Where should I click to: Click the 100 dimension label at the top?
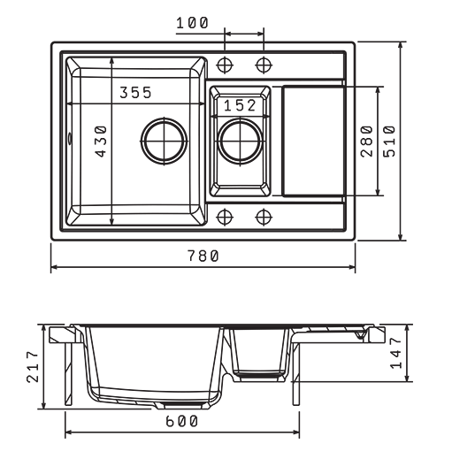192,23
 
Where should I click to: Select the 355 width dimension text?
135,93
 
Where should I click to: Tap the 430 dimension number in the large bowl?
101,142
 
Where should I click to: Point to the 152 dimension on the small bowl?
240,105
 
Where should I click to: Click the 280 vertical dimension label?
367,142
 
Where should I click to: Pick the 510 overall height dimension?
389,142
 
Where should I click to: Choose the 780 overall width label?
203,256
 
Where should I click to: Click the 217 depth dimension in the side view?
33,366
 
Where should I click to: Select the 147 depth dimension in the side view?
395,353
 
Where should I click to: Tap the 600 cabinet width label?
181,421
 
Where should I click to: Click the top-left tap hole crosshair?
225,65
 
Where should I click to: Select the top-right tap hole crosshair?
264,65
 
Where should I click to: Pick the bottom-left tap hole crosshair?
225,217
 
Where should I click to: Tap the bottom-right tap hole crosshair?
264,217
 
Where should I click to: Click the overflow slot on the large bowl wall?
70,139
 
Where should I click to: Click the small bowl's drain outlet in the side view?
259,377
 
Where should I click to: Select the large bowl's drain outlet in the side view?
183,405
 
